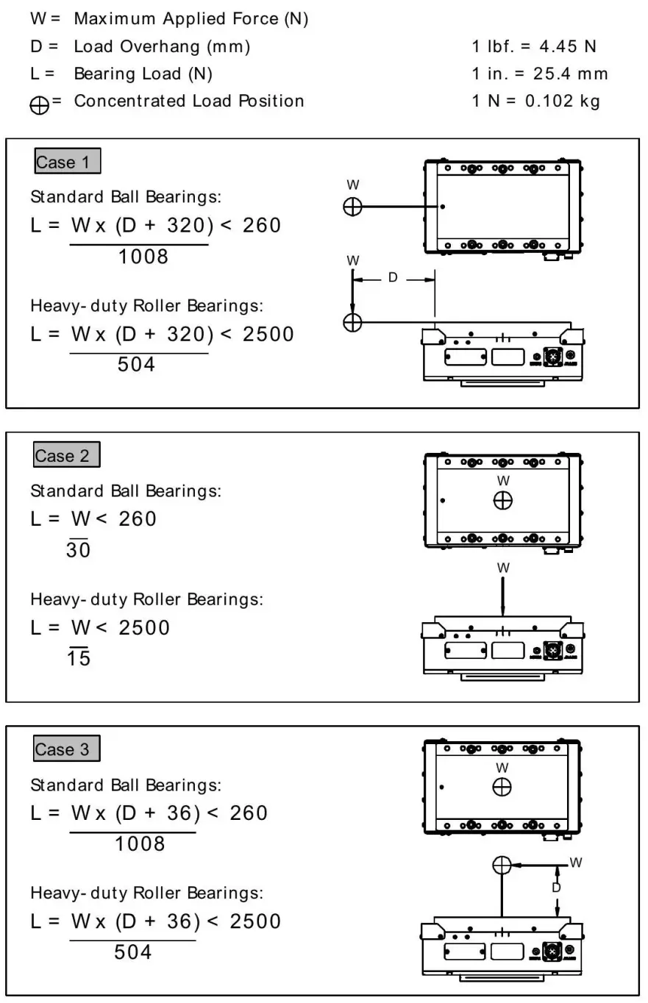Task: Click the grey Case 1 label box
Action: click(67, 162)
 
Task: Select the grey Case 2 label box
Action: click(66, 455)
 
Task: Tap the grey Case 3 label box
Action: click(66, 749)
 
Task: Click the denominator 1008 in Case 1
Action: click(143, 257)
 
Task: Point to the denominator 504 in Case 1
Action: click(137, 364)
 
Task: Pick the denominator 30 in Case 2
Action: click(78, 549)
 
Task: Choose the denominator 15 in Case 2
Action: click(78, 658)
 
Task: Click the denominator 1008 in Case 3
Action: click(140, 843)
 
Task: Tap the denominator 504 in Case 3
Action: click(133, 952)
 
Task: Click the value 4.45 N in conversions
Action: click(568, 47)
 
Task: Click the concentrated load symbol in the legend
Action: click(41, 104)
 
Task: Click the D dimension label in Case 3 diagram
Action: click(556, 888)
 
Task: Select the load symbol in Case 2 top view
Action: click(503, 501)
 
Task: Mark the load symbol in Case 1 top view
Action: click(353, 207)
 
